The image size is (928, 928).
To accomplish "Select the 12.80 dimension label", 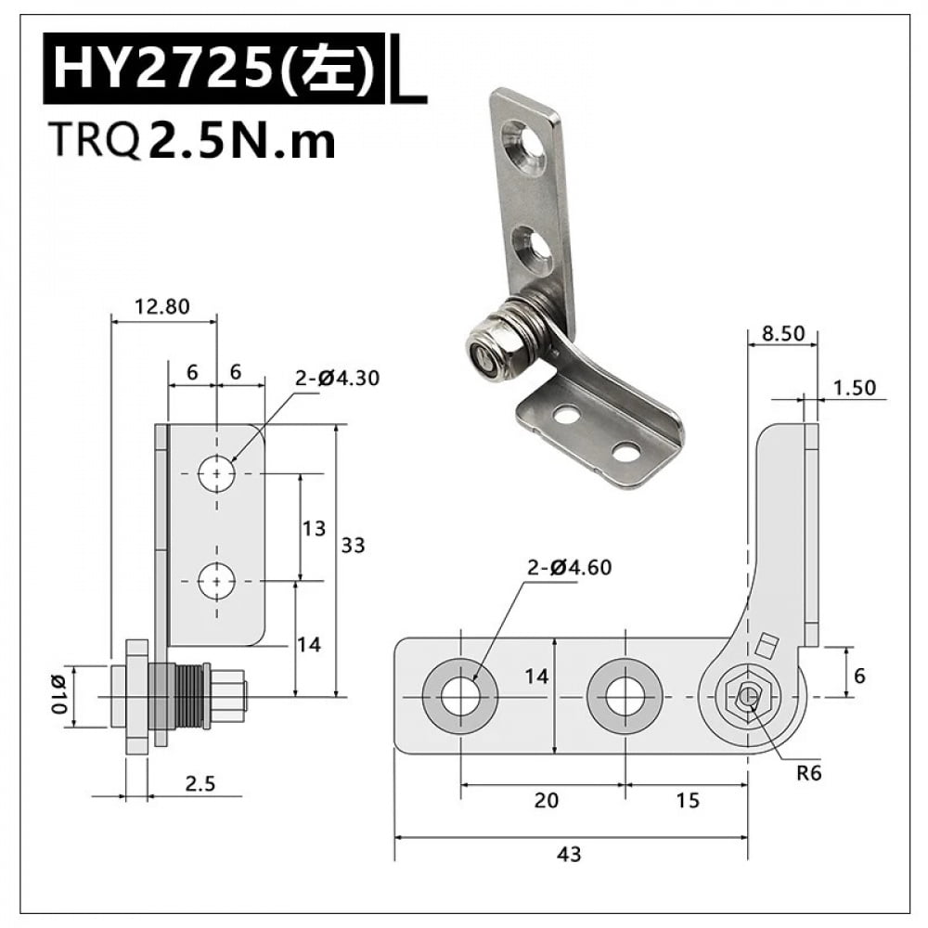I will click(163, 305).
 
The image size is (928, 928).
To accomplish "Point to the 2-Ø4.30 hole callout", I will click(338, 378).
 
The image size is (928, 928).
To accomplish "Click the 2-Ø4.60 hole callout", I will click(570, 567).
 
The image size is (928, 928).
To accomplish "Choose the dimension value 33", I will click(353, 546).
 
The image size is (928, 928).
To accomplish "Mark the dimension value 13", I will click(314, 528).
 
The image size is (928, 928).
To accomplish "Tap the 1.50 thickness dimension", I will click(855, 388).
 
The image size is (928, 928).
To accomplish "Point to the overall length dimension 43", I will click(571, 853).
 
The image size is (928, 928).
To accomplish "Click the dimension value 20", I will click(547, 800).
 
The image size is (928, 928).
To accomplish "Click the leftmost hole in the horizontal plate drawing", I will click(460, 696).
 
